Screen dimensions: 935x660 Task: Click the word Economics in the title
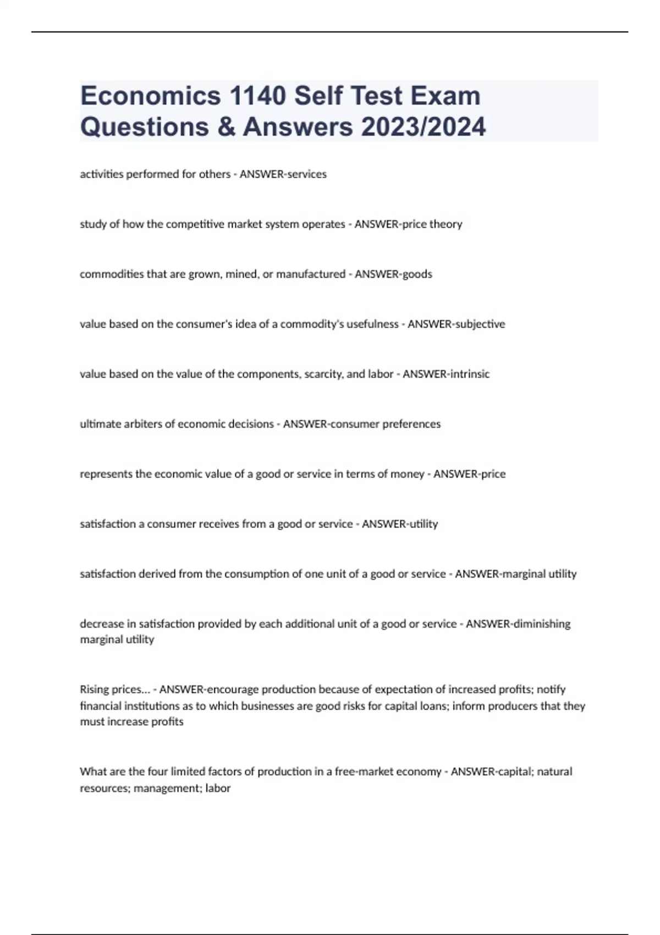click(x=150, y=96)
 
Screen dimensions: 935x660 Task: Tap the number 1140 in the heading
click(x=257, y=96)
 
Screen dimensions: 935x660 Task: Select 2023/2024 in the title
click(x=424, y=127)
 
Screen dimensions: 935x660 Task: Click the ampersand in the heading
click(x=226, y=127)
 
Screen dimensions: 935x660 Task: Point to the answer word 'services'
click(x=305, y=174)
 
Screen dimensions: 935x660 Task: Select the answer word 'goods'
click(x=417, y=274)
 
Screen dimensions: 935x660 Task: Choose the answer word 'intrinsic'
click(x=469, y=374)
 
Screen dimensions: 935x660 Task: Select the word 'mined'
click(x=240, y=274)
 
